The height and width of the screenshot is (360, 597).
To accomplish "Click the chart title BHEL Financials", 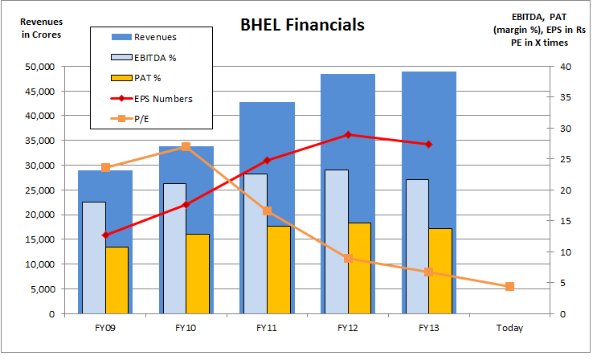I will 302,25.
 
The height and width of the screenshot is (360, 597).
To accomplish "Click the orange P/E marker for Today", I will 509,287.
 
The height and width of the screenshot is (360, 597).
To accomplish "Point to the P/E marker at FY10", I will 186,147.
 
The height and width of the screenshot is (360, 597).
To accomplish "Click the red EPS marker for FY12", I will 348,135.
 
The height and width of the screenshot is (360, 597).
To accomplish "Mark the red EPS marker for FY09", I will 105,235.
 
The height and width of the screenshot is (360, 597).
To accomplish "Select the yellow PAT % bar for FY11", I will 279,270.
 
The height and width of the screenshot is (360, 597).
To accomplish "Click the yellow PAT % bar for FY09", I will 117,280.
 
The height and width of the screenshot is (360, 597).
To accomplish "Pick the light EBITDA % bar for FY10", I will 174,248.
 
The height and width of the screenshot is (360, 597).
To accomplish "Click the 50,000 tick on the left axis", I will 39,67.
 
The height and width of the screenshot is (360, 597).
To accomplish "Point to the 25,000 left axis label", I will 39,190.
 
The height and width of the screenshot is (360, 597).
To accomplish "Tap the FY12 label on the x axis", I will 347,328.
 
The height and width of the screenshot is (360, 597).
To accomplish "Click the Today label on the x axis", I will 509,328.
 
